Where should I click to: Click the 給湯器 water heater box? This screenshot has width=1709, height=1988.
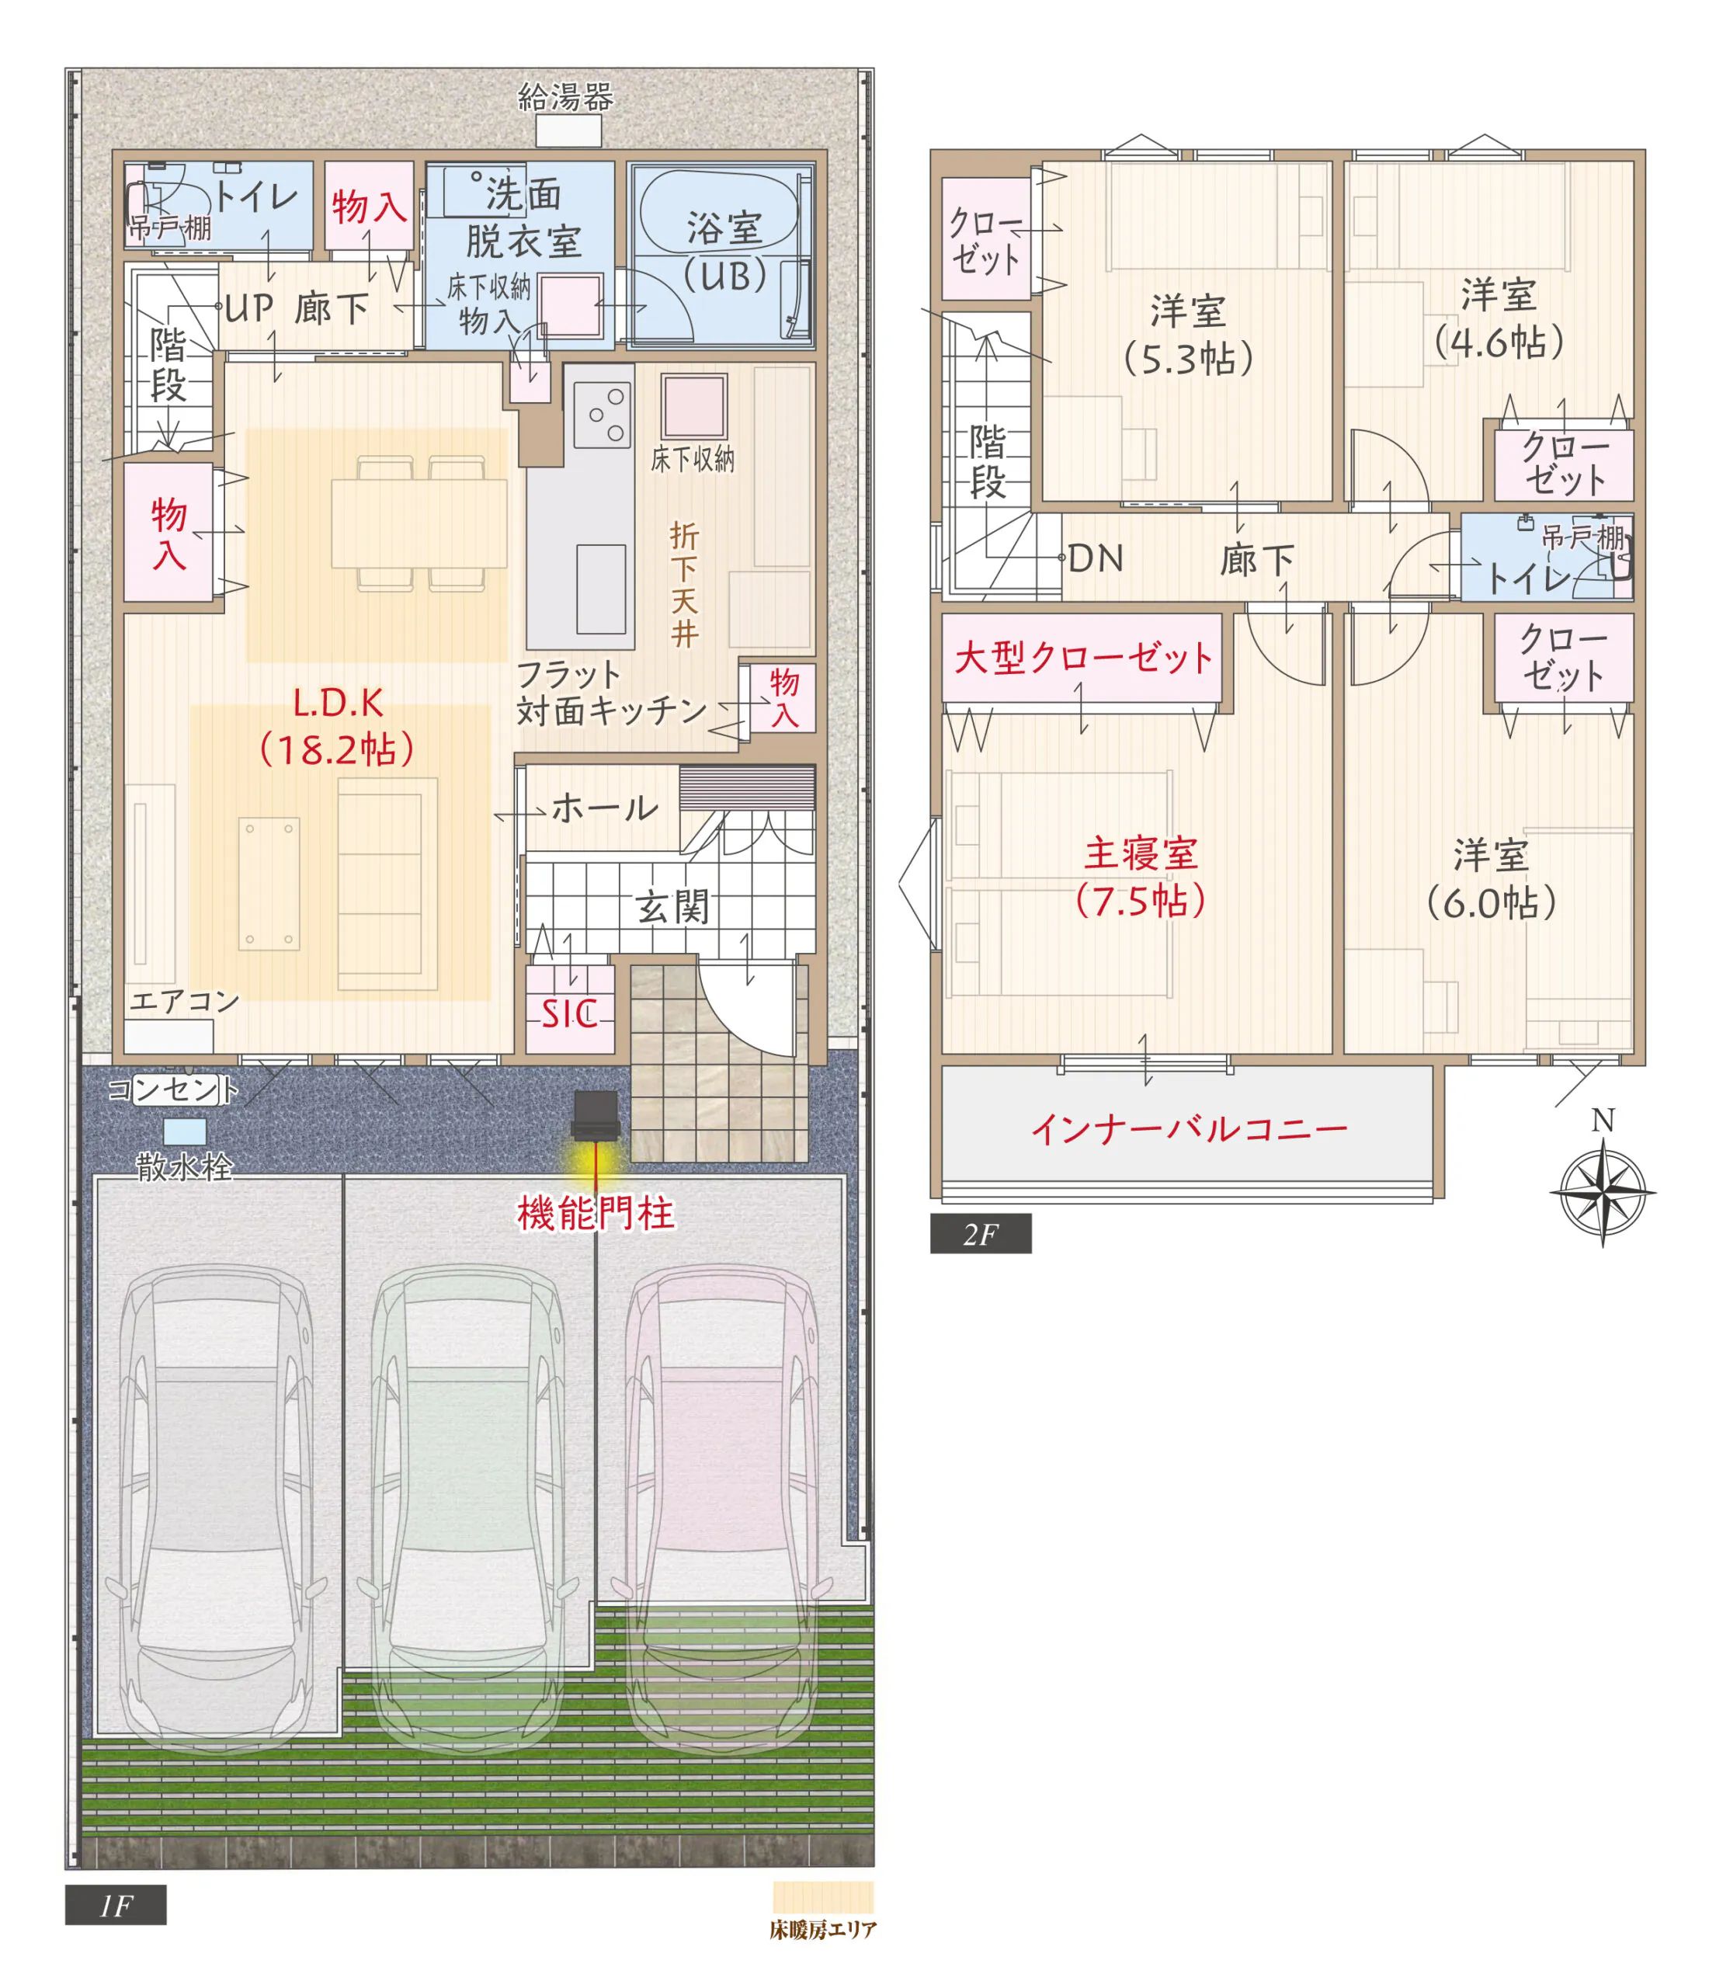(x=568, y=130)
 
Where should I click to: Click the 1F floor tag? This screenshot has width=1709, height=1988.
(x=115, y=1905)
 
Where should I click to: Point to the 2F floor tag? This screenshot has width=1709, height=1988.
(x=980, y=1234)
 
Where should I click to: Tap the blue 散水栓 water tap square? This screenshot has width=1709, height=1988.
(x=184, y=1132)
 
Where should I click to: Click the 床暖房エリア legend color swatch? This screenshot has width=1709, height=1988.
(x=822, y=1897)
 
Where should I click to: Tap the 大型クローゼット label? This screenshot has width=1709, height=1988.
(x=1083, y=659)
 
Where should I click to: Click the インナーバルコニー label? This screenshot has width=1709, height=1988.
(x=1189, y=1129)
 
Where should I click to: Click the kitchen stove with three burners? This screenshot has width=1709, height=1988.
(x=602, y=415)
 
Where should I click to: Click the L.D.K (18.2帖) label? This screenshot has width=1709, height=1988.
(x=338, y=725)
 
